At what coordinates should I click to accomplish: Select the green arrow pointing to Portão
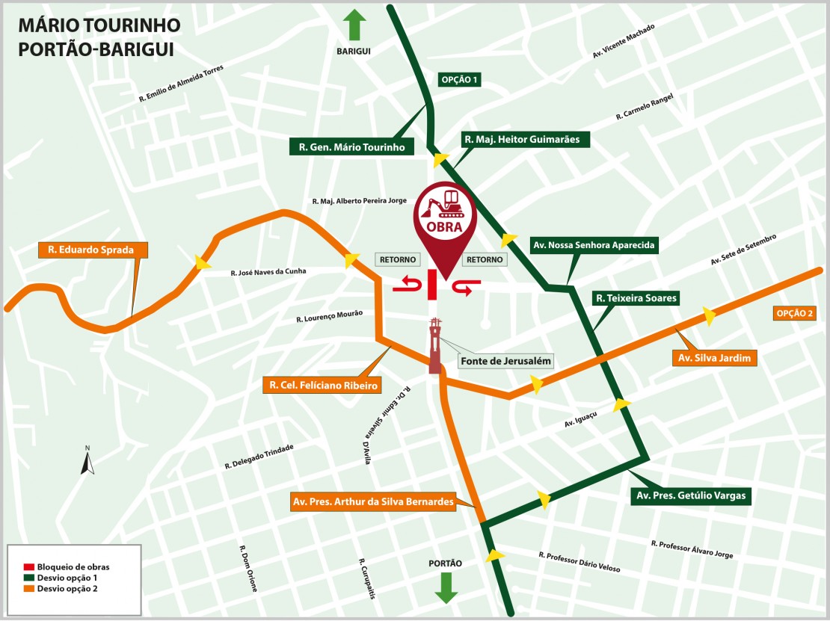click(x=446, y=587)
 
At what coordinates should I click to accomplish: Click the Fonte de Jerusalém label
click(x=506, y=361)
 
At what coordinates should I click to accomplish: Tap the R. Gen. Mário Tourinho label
click(x=351, y=147)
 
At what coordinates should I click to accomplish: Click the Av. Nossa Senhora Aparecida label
click(x=594, y=245)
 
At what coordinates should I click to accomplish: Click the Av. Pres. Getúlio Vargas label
click(x=690, y=495)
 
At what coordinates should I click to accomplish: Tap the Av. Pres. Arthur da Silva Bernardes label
click(x=373, y=502)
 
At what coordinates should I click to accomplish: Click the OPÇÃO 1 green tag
click(x=459, y=79)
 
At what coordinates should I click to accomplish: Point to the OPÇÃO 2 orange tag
click(x=795, y=314)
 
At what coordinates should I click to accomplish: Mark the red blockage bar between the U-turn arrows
click(x=432, y=285)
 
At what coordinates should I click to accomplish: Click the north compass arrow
click(x=87, y=463)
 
